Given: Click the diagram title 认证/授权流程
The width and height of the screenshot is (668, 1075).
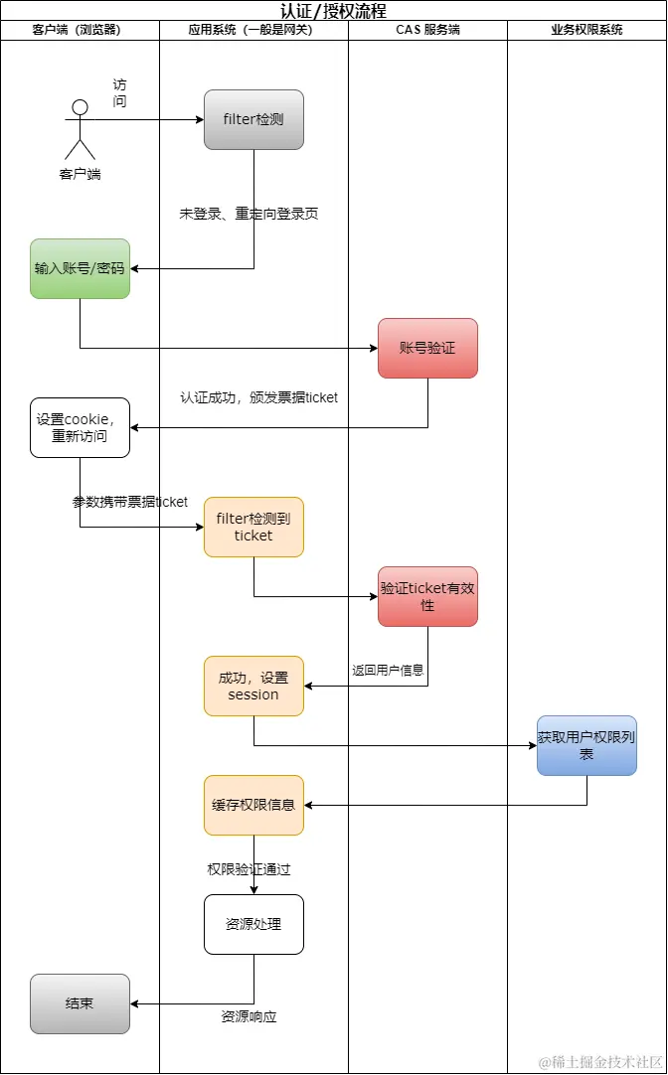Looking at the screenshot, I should [333, 11].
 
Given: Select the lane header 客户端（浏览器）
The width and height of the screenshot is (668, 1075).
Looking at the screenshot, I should [80, 30].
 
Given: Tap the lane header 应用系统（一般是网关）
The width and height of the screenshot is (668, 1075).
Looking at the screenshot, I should [253, 30].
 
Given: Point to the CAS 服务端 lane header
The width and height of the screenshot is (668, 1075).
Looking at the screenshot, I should [427, 30].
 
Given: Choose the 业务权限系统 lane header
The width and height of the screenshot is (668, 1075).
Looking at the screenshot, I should [586, 30].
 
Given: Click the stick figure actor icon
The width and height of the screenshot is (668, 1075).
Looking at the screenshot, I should [80, 129].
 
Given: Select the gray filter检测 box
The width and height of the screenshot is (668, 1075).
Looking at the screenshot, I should [253, 119].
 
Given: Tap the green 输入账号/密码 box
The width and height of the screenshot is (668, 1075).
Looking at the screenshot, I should [80, 268].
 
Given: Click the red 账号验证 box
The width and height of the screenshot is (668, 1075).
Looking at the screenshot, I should [427, 348].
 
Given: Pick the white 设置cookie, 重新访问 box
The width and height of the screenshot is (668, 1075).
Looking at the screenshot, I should [80, 427].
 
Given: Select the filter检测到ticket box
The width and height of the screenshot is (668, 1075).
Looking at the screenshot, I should [253, 527].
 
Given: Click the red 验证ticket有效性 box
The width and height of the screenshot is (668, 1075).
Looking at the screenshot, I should [427, 596].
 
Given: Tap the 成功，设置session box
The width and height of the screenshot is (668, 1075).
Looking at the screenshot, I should [253, 686].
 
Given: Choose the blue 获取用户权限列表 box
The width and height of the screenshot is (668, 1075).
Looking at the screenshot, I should [586, 745].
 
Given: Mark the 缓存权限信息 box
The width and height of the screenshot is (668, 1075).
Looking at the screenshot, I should [253, 805].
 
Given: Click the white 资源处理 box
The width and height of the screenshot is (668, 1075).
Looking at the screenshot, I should [253, 924].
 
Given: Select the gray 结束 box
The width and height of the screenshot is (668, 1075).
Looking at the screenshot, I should [80, 1003].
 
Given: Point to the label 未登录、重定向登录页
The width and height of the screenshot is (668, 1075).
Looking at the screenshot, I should [249, 214].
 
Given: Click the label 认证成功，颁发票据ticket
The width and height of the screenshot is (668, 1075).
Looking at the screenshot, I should [258, 397].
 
